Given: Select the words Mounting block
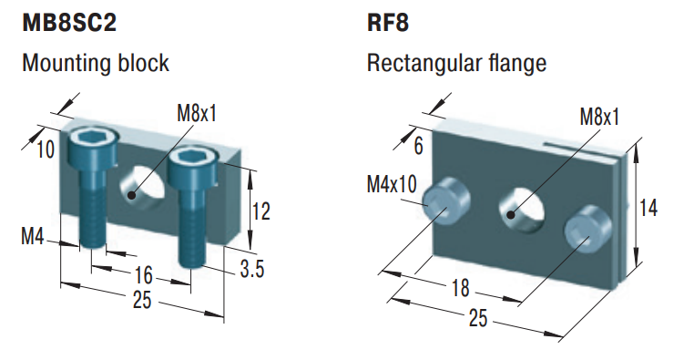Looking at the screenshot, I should [96, 64].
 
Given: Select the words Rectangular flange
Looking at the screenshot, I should [456, 64].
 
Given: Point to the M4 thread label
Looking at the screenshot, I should [33, 239].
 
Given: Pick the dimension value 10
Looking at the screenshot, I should [46, 149].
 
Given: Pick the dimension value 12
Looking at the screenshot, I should [260, 211].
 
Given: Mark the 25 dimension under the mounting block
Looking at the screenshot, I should [141, 302].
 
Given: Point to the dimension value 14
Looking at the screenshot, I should [648, 208].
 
